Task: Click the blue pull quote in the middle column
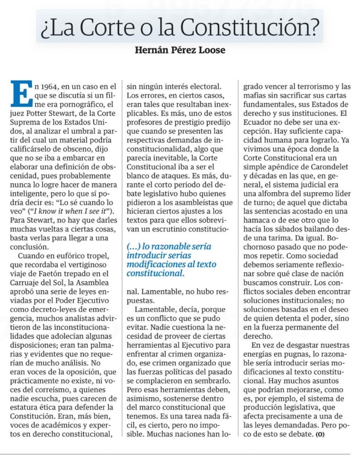point(169,261)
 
